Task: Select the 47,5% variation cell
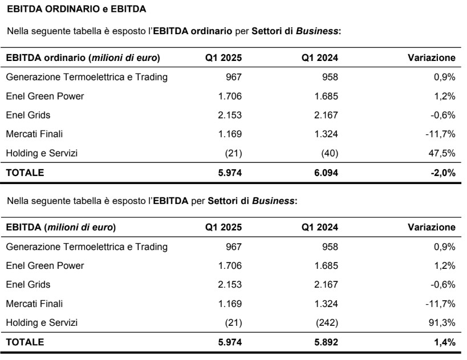[x=443, y=153]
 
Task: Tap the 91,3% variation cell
[x=443, y=323]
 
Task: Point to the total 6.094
[x=325, y=172]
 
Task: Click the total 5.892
[x=325, y=342]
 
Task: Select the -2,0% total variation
[x=442, y=172]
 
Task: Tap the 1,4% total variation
[x=444, y=342]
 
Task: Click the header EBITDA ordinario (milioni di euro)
[x=83, y=58]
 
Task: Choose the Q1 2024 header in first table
[x=320, y=58]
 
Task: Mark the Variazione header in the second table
[x=432, y=227]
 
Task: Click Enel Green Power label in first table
[x=45, y=96]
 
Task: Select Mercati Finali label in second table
[x=34, y=304]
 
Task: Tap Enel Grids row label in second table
[x=28, y=284]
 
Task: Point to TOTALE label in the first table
[x=25, y=172]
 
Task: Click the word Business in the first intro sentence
[x=323, y=31]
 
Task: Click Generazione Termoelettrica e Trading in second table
[x=87, y=247]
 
